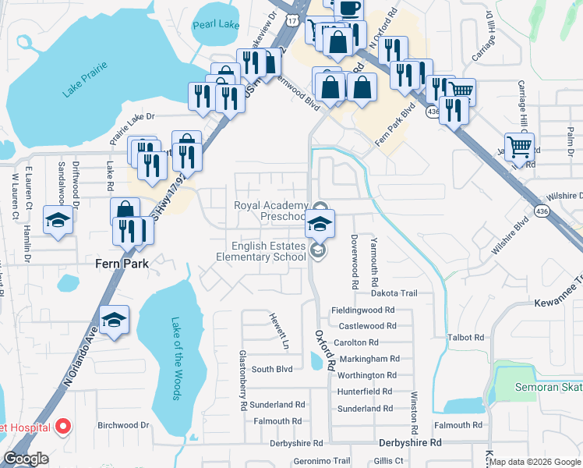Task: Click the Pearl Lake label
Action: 217,24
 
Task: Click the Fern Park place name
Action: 122,264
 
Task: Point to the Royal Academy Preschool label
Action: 271,211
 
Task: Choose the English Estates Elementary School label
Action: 261,251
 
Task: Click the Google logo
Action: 26,459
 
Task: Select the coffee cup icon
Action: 350,7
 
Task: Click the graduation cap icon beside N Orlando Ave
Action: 114,320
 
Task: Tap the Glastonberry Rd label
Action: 242,380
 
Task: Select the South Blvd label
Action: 271,369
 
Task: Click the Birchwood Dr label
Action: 122,426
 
